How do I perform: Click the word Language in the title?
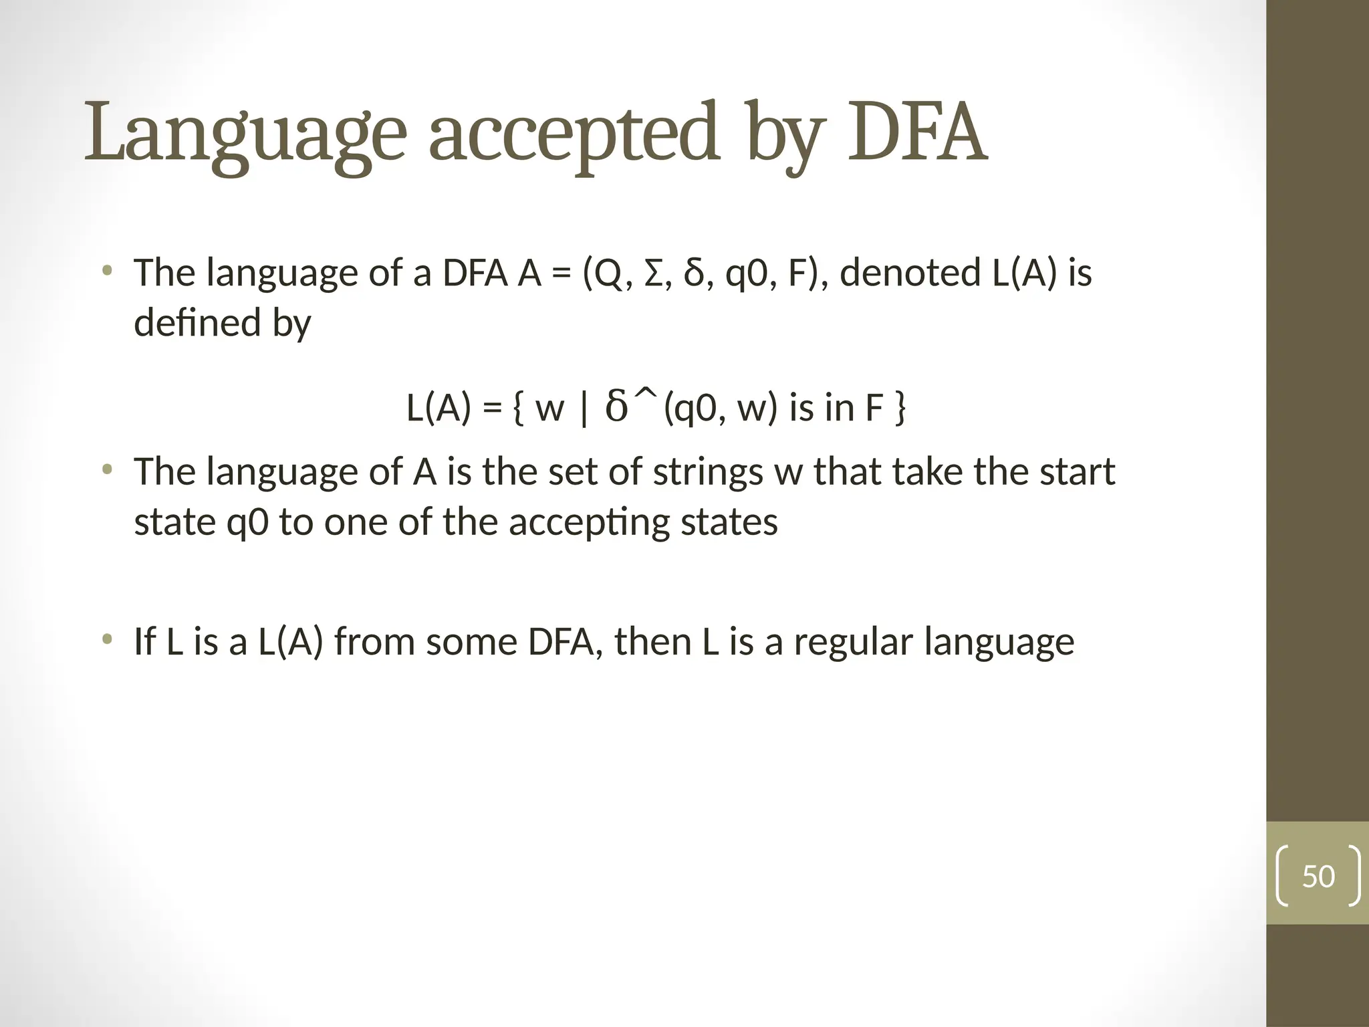245,134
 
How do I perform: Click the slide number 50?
1318,877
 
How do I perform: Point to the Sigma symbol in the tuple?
656,273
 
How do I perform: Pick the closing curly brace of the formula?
900,409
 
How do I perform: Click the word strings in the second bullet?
708,472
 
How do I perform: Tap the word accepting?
589,523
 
